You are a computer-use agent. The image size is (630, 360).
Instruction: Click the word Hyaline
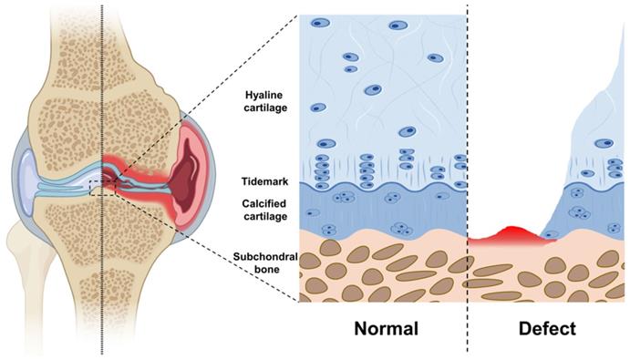[263, 95]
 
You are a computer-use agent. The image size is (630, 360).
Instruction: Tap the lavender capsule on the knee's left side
[26, 177]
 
